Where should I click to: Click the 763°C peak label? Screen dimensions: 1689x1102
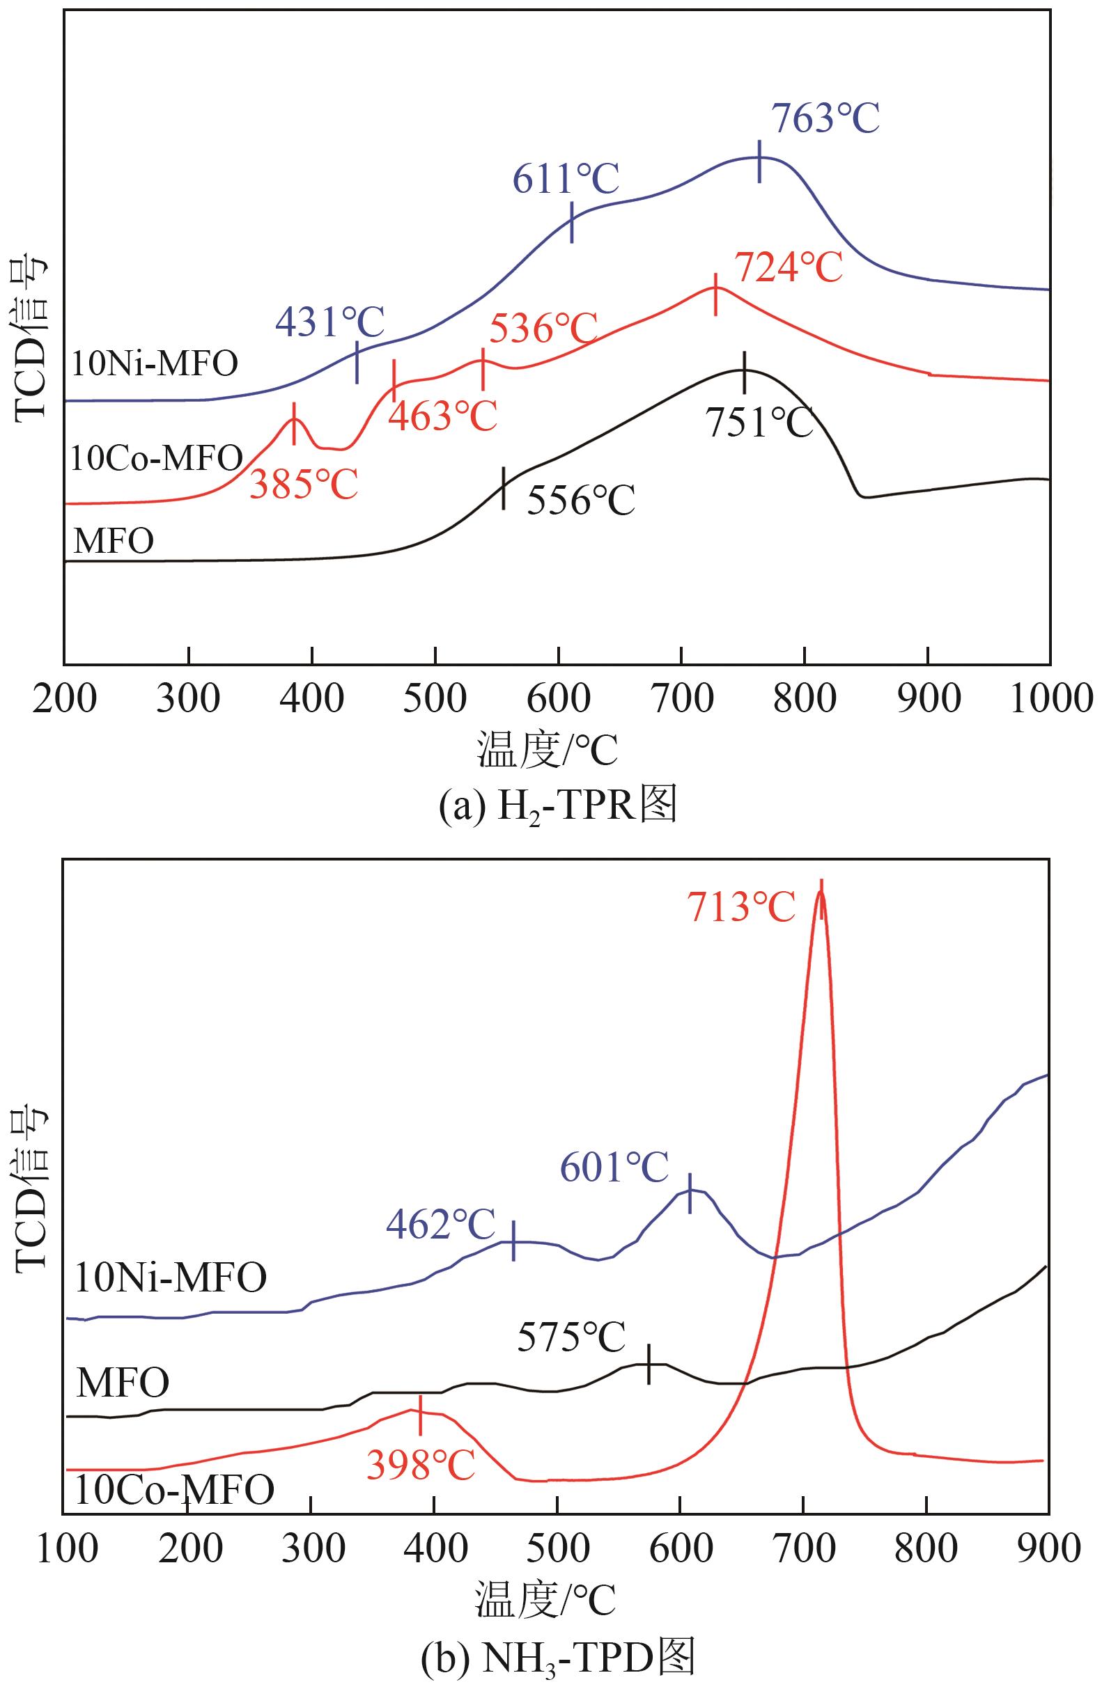click(825, 118)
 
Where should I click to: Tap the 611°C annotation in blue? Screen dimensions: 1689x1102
click(566, 178)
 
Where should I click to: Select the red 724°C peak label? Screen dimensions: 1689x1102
click(788, 268)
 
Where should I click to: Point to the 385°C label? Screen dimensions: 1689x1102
click(303, 484)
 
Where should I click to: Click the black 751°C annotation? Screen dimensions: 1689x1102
click(759, 423)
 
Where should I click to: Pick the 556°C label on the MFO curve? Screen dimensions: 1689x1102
click(581, 501)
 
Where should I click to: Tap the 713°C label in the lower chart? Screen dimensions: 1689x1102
click(741, 908)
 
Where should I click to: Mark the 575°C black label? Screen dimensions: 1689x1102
click(572, 1338)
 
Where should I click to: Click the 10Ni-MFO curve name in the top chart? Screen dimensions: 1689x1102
click(155, 365)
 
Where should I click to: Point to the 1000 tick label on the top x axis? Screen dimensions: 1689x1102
click(1050, 699)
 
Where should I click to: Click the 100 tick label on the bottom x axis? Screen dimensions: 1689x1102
click(67, 1548)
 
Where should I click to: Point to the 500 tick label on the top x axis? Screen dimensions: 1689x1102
click(435, 699)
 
